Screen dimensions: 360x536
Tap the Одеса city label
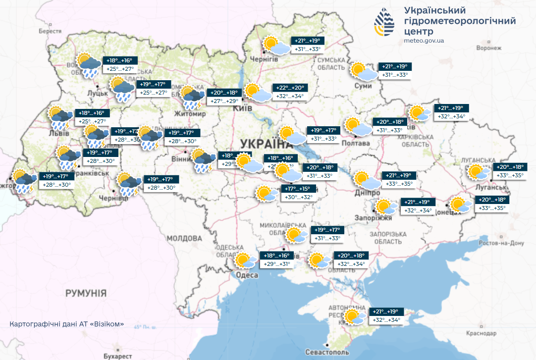pyautogui.click(x=247, y=275)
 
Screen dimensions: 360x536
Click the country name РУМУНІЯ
pyautogui.click(x=86, y=293)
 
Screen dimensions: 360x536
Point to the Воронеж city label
pyautogui.click(x=489, y=49)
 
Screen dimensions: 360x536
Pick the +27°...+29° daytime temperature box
pyautogui.click(x=225, y=101)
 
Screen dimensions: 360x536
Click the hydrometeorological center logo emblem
pyautogui.click(x=385, y=23)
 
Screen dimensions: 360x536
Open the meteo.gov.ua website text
pyautogui.click(x=424, y=41)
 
